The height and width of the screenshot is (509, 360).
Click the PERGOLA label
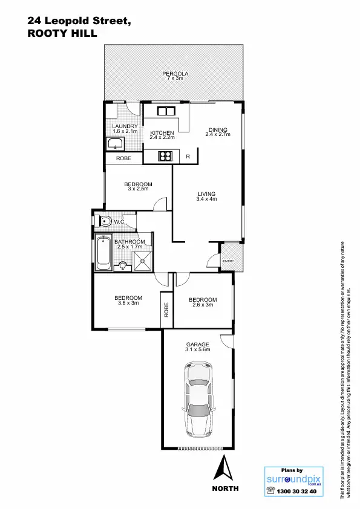coord(175,74)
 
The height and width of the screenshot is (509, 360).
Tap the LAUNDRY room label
coord(125,126)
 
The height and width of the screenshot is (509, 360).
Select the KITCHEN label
coord(162,133)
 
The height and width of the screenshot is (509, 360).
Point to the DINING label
coord(218,129)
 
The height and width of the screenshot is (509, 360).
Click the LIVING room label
coord(206,194)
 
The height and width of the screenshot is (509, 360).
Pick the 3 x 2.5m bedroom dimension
coord(138,189)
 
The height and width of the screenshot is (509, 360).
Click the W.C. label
coord(120,222)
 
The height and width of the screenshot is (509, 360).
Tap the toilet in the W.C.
coord(104,221)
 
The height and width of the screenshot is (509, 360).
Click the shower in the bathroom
coord(142,261)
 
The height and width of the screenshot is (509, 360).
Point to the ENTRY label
coord(228,261)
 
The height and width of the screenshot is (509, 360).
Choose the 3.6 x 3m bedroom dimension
coord(128,303)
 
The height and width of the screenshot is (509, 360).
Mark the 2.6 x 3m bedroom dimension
coord(202,305)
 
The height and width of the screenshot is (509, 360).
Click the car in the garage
coord(198,400)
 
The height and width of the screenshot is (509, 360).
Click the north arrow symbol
coord(225,469)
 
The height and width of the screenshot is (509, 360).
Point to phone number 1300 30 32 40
coord(296,491)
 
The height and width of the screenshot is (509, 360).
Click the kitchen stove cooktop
coord(165,157)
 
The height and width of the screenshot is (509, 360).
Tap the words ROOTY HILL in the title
coord(57,34)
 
